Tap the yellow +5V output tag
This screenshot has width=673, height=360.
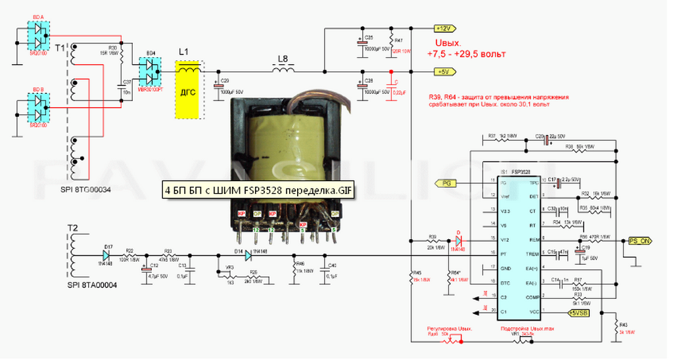442,71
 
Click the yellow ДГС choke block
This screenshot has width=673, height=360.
189,91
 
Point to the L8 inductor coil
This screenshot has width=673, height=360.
283,68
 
